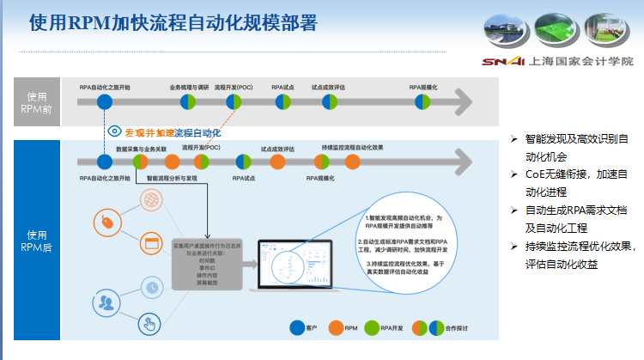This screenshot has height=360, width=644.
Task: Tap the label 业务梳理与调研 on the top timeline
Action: pyautogui.click(x=189, y=87)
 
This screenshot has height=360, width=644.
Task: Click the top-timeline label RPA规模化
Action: pyautogui.click(x=423, y=87)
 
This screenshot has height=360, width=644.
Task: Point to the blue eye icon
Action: pyautogui.click(x=114, y=131)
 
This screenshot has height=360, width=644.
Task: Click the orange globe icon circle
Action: pyautogui.click(x=150, y=200)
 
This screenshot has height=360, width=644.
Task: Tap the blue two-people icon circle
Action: pyautogui.click(x=106, y=302)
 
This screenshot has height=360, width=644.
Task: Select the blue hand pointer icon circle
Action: pyautogui.click(x=150, y=324)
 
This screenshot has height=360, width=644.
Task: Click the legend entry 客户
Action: pyautogui.click(x=305, y=327)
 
